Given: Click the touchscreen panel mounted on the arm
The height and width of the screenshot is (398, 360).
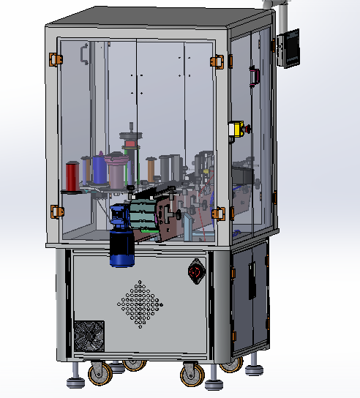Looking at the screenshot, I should tap(288, 48).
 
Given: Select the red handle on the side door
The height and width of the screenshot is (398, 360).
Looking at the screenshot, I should tap(255, 75).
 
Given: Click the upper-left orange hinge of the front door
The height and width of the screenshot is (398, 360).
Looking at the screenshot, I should tap(53, 59).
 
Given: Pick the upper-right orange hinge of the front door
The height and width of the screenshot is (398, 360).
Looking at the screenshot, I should tap(217, 61).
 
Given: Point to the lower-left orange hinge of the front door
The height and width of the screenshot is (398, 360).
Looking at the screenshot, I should tap(56, 211).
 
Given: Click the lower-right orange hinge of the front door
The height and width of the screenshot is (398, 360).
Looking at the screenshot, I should tap(217, 214).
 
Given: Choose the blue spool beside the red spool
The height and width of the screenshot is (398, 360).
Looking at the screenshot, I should tap(99, 170).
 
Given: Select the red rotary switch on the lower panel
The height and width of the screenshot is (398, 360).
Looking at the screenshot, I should tap(195, 271).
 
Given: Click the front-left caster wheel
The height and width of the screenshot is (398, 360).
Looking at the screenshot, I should tap(99, 374).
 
